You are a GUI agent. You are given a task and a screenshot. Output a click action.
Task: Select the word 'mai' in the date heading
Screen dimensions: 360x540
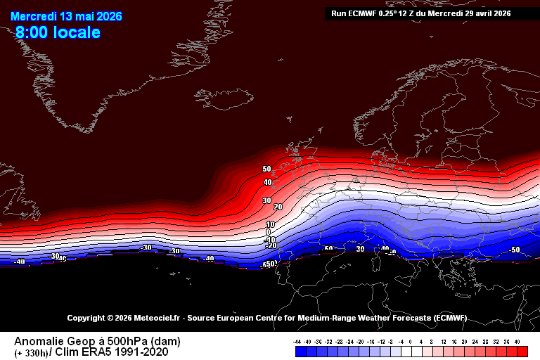(x=95, y=15)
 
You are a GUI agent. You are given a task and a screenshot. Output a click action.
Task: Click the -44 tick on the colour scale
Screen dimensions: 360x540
(x=297, y=341)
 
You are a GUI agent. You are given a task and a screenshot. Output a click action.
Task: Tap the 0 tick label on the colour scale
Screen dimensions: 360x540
(x=411, y=341)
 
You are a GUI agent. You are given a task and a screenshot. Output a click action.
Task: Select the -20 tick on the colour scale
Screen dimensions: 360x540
(x=359, y=341)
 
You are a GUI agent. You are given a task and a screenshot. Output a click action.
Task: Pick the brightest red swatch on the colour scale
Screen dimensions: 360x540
(x=522, y=351)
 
